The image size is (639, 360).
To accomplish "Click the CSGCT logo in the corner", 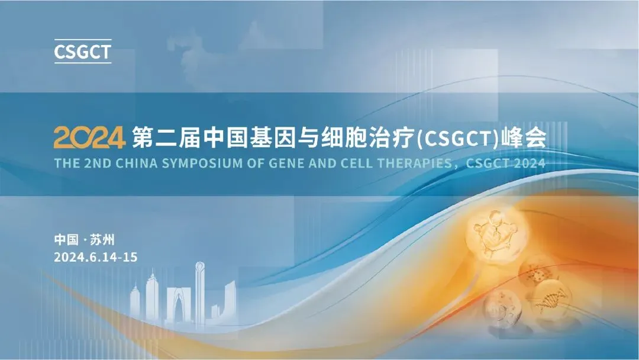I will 82,52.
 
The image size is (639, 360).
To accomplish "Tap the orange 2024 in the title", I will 89,138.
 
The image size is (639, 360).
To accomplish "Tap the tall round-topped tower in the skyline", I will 199,290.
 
